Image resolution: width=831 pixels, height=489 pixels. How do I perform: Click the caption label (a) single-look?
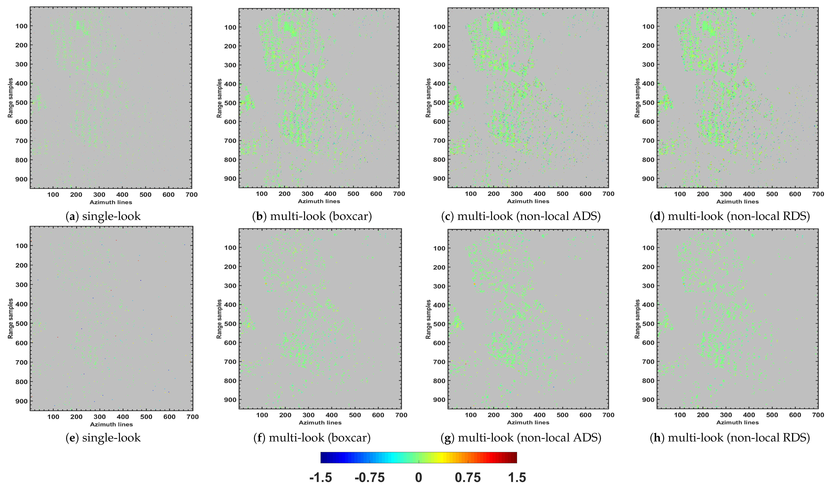(x=103, y=216)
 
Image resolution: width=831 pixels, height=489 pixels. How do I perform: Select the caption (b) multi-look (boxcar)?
(x=312, y=216)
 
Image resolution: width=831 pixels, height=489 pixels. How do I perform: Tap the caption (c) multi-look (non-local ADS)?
(x=521, y=216)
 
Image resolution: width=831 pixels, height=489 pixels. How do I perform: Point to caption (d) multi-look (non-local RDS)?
(x=730, y=216)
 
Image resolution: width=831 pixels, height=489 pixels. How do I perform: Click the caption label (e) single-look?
(x=103, y=438)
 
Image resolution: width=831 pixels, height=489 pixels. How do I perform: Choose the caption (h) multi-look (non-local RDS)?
(x=730, y=438)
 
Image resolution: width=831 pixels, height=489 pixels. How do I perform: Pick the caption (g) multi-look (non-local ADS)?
(x=521, y=438)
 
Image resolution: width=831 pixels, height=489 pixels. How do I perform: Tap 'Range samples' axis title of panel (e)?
(x=11, y=318)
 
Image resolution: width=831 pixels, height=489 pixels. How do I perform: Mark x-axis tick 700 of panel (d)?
(x=818, y=194)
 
